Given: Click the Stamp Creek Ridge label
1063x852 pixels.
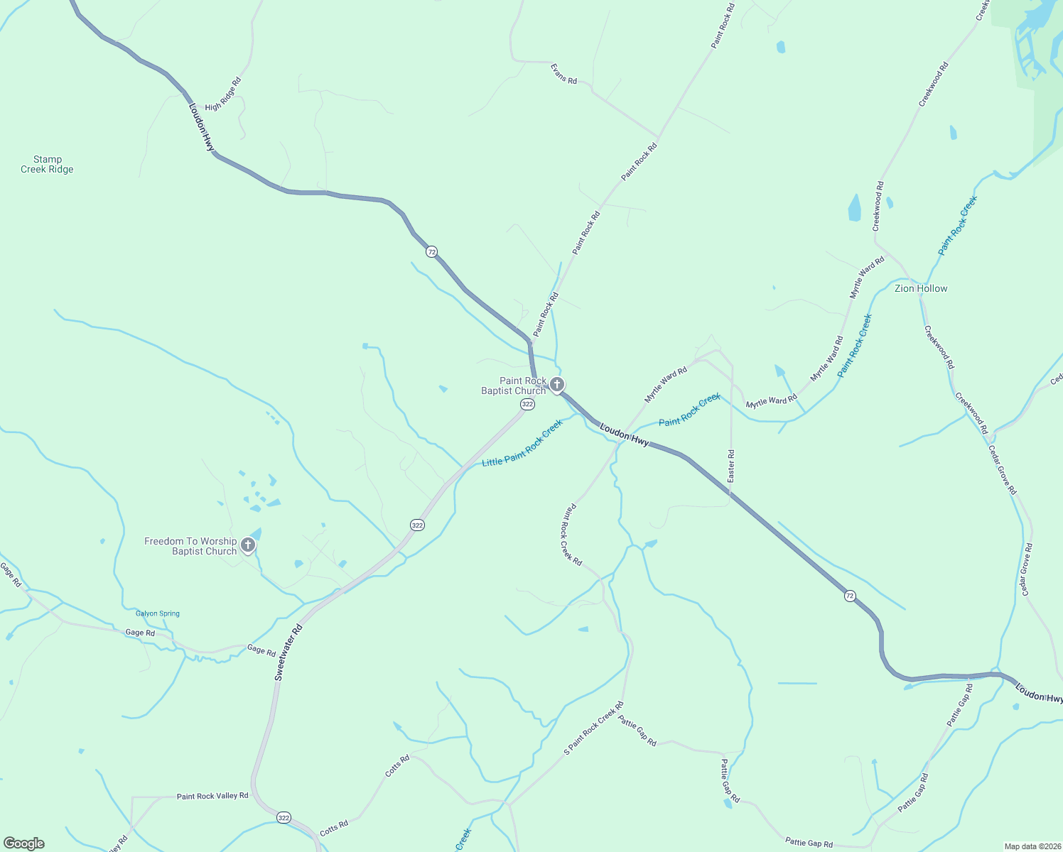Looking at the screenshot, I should tap(47, 165).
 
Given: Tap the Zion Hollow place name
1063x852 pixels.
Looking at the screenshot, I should tap(921, 288).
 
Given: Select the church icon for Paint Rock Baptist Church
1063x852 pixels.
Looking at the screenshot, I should tap(557, 386).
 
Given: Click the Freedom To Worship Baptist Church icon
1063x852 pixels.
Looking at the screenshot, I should tap(247, 545).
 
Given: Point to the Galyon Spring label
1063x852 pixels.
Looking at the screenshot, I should tap(158, 613).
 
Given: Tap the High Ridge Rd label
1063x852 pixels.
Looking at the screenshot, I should tap(223, 94).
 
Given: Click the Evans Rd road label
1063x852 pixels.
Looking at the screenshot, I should tap(563, 74).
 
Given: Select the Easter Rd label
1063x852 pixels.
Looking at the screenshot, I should tap(731, 466).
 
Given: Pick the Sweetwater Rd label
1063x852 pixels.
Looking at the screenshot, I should tap(288, 652).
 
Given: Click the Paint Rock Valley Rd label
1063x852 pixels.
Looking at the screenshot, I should tap(212, 796).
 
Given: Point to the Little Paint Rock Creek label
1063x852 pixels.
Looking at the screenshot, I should tap(522, 443).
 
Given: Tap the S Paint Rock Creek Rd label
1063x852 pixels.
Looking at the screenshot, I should tap(593, 728).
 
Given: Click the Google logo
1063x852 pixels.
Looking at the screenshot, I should tap(23, 843).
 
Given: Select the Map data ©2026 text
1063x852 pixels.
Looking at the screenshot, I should tap(1032, 846).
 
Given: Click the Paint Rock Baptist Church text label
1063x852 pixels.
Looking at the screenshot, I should tap(514, 386).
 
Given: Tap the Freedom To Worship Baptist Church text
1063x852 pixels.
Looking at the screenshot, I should tap(190, 546).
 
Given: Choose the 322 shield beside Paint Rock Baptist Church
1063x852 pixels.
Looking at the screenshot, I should tap(527, 404).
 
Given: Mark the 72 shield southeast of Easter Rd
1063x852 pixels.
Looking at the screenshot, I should tap(850, 596).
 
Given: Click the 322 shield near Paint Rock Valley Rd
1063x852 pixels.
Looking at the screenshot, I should tap(284, 817).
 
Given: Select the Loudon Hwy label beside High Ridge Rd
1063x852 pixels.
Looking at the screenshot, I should tap(201, 127).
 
